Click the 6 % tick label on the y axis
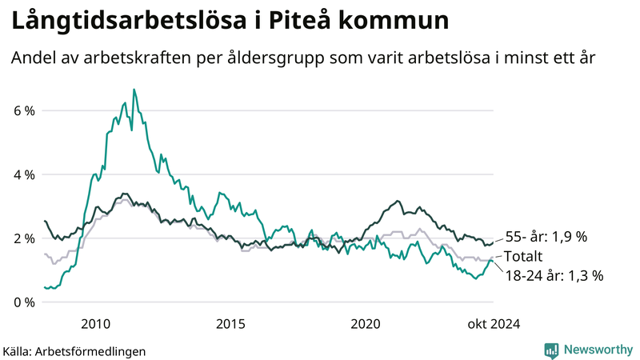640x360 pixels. point(24,110)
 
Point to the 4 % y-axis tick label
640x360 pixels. point(24,174)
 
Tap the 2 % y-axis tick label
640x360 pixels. point(24,238)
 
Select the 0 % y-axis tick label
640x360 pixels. point(24,302)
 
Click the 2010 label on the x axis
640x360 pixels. point(95,324)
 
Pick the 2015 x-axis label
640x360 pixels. point(230,324)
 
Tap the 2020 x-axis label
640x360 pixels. point(366,324)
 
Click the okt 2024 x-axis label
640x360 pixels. point(492,324)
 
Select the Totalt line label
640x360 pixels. point(524,257)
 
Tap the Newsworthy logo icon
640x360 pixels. point(551,350)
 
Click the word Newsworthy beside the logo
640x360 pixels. point(597,350)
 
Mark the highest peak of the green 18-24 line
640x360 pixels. point(134,90)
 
